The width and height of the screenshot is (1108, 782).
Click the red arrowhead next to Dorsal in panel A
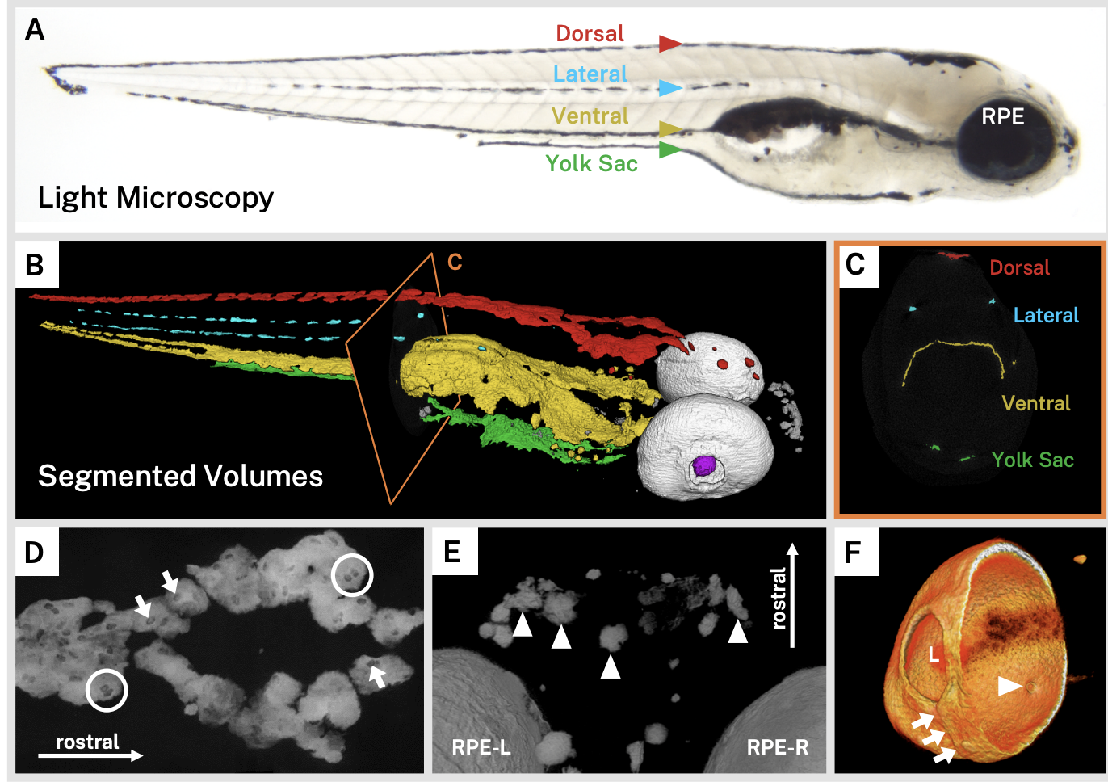coord(669,44)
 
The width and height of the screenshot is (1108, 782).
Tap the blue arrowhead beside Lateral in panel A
coord(669,88)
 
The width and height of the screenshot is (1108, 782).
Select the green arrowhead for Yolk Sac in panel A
coord(669,149)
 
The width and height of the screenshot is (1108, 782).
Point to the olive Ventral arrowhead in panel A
coord(669,128)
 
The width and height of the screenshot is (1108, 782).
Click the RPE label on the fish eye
coord(1002,117)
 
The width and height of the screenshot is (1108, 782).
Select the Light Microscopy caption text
coord(156,198)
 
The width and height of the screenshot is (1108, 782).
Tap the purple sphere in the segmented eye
coord(704,465)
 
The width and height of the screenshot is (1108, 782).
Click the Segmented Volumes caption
coord(180,476)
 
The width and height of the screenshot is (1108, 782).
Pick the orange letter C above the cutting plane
coord(455,262)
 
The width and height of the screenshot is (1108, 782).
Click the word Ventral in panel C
coord(1035,403)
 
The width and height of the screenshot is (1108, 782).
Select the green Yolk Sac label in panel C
coord(1032,460)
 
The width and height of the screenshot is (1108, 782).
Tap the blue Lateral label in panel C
coord(1046,315)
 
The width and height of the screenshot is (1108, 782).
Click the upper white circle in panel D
coord(352,575)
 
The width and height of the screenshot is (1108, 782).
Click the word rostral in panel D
coord(87,742)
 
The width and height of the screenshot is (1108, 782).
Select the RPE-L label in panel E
coord(481,747)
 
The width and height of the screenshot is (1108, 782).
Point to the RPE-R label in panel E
coord(777,747)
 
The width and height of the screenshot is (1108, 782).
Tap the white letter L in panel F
coord(934,654)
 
